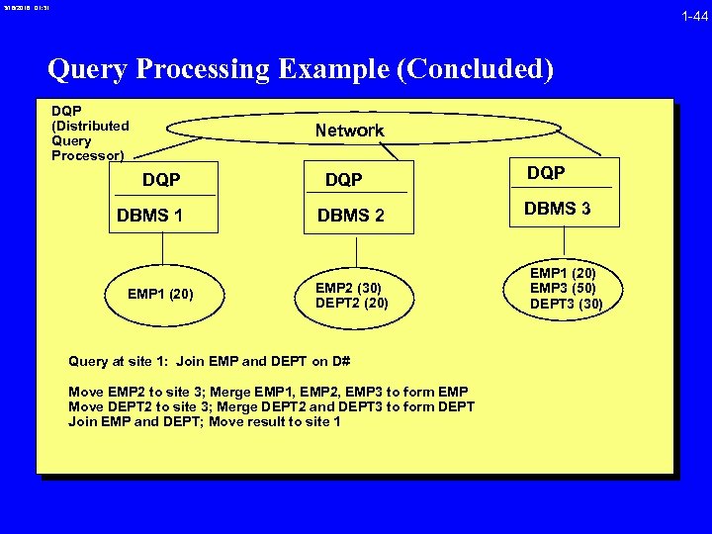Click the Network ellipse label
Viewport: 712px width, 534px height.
349,131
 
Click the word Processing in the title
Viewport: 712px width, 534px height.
202,70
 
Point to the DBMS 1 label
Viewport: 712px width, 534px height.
149,216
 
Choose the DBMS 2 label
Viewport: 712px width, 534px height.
350,216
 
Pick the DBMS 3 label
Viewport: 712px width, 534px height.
557,209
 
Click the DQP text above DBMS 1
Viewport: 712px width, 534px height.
161,179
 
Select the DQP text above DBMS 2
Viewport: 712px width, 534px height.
344,179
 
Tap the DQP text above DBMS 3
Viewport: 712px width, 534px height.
546,173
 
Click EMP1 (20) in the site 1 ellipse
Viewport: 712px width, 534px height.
160,294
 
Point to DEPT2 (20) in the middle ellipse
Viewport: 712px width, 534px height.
351,303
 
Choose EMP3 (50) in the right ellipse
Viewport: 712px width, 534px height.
563,288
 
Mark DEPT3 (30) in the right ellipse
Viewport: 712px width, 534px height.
566,304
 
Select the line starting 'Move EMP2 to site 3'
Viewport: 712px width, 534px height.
268,392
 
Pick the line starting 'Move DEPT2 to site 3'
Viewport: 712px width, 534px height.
271,406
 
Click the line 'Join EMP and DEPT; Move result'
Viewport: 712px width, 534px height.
205,421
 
